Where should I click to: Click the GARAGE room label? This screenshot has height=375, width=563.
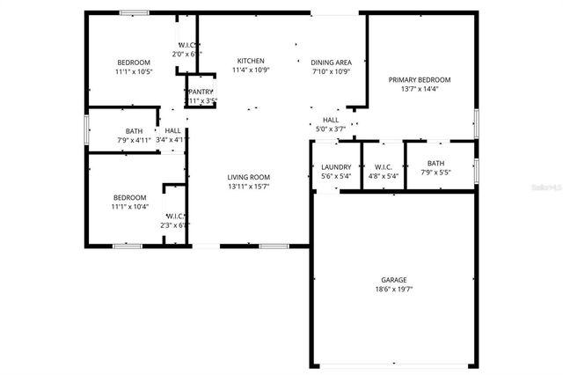coord(393,280)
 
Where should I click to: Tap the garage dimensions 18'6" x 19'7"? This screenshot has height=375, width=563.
coord(393,290)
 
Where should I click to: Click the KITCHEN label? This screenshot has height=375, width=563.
coord(250,61)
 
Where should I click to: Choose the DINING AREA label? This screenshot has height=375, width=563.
coord(332,62)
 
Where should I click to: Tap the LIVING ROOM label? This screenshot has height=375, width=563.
coord(248,177)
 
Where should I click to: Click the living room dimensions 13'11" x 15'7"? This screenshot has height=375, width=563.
coord(248,187)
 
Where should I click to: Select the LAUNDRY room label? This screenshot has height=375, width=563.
coord(336,167)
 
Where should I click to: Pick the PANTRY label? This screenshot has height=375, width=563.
coord(201,92)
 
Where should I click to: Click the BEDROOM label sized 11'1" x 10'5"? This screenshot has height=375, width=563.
coord(134,62)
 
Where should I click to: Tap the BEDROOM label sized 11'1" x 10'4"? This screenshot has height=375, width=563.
coord(129,197)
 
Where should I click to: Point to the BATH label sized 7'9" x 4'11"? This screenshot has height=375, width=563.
coord(134,131)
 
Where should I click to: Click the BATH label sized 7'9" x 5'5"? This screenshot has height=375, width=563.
coord(435,163)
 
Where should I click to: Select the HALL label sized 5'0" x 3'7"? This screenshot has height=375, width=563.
coord(331,120)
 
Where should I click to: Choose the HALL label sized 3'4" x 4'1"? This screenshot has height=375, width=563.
coord(172,130)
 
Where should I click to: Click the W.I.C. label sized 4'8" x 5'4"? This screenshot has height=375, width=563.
coord(383,167)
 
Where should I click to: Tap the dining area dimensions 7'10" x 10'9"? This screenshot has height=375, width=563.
coord(332,71)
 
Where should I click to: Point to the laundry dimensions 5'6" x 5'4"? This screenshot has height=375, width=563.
coord(336,177)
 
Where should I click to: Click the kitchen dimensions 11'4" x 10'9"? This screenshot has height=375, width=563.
coord(250,70)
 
